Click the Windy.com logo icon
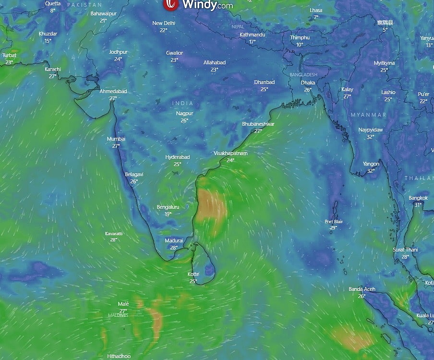pyautogui.click(x=170, y=5)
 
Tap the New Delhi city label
pyautogui.click(x=164, y=23)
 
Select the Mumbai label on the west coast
pyautogui.click(x=116, y=139)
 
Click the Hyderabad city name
pyautogui.click(x=178, y=157)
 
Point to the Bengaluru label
pyautogui.click(x=168, y=207)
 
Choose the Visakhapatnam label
pyautogui.click(x=230, y=153)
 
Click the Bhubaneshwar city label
pyautogui.click(x=258, y=124)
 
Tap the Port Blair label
pyautogui.click(x=334, y=221)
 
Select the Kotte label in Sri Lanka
pyautogui.click(x=193, y=274)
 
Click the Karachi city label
pyautogui.click(x=53, y=69)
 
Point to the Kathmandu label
pyautogui.click(x=253, y=35)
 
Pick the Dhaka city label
pyautogui.click(x=308, y=83)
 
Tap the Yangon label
pyautogui.click(x=371, y=164)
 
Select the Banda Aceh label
pyautogui.click(x=362, y=289)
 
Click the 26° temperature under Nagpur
pyautogui.click(x=184, y=120)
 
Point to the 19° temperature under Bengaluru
pyautogui.click(x=168, y=214)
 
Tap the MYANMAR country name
pyautogui.click(x=369, y=115)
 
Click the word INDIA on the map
pyautogui.click(x=182, y=103)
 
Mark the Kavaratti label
pyautogui.click(x=114, y=233)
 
